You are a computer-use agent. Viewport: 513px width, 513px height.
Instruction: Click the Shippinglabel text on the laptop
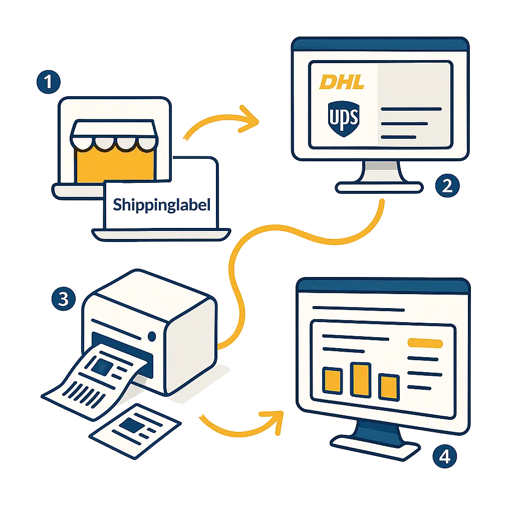159,205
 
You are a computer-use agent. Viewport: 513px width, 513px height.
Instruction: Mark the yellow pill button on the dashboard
425,343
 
